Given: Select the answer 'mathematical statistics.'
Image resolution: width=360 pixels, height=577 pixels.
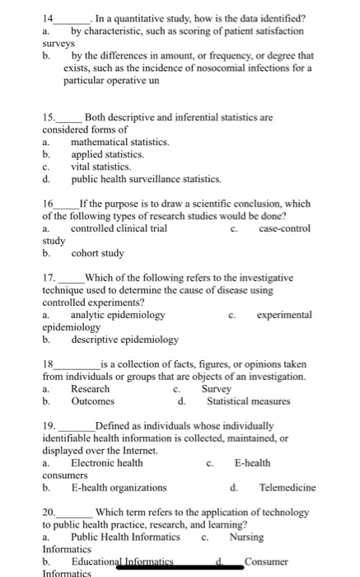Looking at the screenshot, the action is pyautogui.click(x=120, y=142).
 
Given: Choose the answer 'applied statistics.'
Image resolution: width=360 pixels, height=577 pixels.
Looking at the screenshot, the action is pyautogui.click(x=107, y=153).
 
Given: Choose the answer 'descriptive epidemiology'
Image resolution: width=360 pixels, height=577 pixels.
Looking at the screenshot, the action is pyautogui.click(x=124, y=339).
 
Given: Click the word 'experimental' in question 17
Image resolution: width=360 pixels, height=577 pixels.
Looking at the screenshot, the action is pyautogui.click(x=284, y=314).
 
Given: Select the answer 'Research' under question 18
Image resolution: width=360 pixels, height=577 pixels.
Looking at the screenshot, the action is pyautogui.click(x=90, y=388).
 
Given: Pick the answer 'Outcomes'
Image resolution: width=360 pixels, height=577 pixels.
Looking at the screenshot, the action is pyautogui.click(x=92, y=401).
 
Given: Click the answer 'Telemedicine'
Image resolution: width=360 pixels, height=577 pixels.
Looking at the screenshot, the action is pyautogui.click(x=285, y=487).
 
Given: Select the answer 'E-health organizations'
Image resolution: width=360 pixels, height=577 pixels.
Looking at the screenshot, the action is pyautogui.click(x=119, y=487).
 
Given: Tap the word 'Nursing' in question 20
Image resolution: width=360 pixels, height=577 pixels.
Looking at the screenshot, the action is pyautogui.click(x=247, y=537).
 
